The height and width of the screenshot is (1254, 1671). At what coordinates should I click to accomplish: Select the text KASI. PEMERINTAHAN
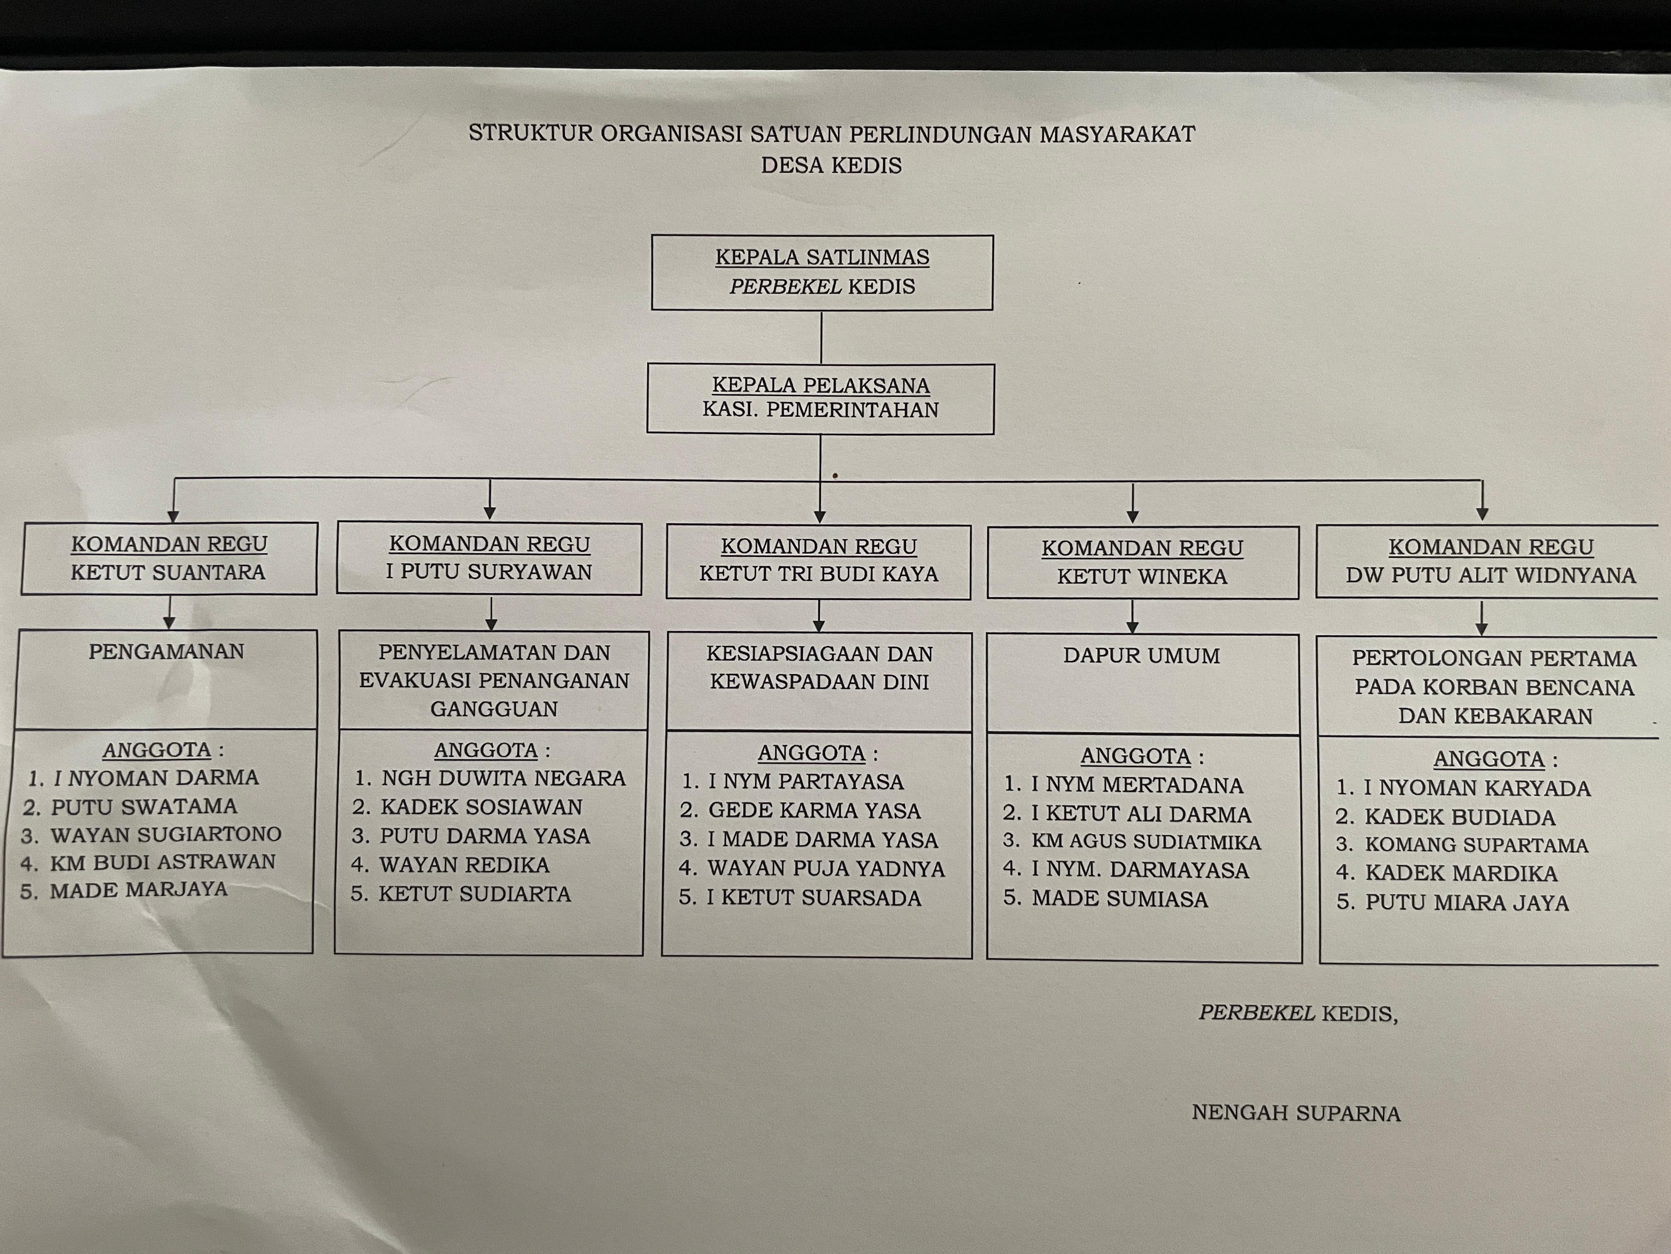point(821,410)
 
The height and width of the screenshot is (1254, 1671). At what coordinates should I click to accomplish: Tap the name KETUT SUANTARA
point(168,572)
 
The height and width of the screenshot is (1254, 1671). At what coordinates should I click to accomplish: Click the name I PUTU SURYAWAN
point(489,571)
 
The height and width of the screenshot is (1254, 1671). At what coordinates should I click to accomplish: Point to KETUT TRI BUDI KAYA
point(819,574)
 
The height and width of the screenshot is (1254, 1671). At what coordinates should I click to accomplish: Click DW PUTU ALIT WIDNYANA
point(1490,575)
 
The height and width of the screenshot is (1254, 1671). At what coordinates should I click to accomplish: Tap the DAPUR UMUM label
point(1141,655)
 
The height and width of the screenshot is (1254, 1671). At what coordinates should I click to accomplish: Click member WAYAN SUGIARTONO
point(166,834)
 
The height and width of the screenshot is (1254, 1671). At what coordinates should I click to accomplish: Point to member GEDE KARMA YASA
point(814,810)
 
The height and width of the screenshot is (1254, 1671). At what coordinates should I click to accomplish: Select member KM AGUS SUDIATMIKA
point(1146,841)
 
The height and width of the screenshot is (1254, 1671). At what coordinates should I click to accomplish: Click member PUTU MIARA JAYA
point(1467,902)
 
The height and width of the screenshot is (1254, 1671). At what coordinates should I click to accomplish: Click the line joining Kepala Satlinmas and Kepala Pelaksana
point(821,337)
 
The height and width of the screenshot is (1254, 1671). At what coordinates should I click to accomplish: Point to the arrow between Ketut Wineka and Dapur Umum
point(1132,616)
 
